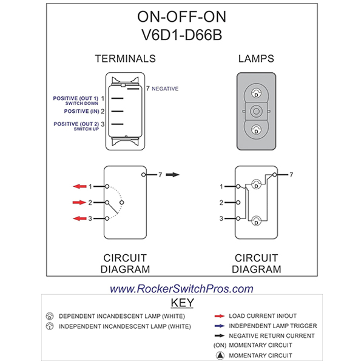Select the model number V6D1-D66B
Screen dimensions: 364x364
(x=181, y=35)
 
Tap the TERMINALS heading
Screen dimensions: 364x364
(x=125, y=59)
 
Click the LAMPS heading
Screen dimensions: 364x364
(x=255, y=59)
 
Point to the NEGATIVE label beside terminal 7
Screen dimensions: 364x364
(x=165, y=89)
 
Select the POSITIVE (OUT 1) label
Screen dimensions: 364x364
(x=76, y=98)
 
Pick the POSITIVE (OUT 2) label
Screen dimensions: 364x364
(x=76, y=124)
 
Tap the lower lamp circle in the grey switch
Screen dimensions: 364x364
(x=256, y=129)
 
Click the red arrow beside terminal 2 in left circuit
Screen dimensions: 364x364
(x=79, y=202)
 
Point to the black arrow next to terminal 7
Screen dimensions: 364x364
(x=173, y=175)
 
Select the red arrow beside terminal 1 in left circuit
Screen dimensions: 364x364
(x=79, y=186)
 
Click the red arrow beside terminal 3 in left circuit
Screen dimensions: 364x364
(x=79, y=218)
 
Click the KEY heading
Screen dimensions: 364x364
(x=182, y=303)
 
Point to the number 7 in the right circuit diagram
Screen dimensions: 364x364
(x=292, y=175)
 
